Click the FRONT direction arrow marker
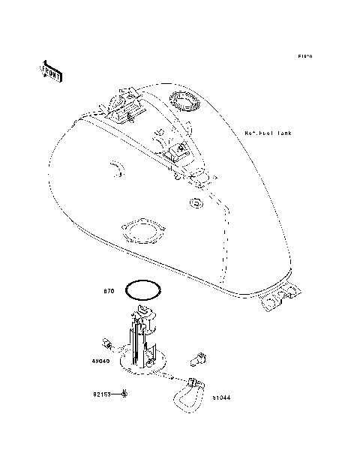(51, 70)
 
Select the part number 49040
(101, 361)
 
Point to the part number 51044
(220, 398)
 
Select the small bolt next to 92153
(124, 394)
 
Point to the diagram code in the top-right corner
(304, 56)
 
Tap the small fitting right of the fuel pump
(200, 358)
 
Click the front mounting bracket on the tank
(119, 102)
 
